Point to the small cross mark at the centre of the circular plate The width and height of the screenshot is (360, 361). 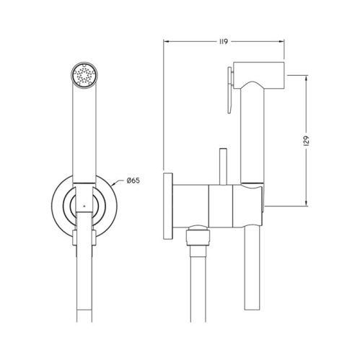tap(84, 206)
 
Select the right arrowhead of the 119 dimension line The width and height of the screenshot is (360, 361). tap(286, 41)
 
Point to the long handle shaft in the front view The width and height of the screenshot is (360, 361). tap(84, 130)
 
